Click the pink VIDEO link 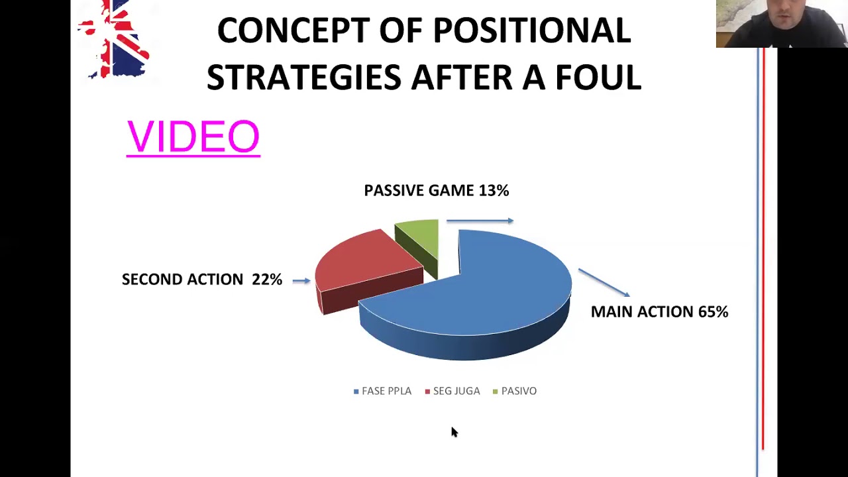coord(193,137)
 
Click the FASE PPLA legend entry coord(382,391)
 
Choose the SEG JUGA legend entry coord(452,391)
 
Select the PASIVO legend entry coord(515,391)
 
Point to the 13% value coord(494,190)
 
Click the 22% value coord(267,280)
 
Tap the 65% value coord(713,311)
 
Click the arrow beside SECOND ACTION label coord(301,280)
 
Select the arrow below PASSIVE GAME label coord(480,221)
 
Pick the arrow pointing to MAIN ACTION coord(604,283)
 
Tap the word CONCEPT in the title coord(293,30)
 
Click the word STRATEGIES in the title coord(303,77)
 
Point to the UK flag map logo coord(113,39)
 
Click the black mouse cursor coord(454,432)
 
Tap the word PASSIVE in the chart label coord(394,190)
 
